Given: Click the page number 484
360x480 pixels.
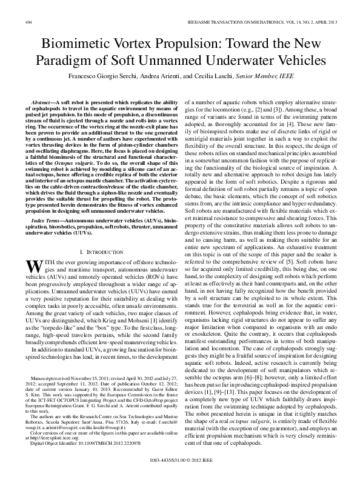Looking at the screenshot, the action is coord(28,22).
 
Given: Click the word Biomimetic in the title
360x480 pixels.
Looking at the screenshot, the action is coord(79,44).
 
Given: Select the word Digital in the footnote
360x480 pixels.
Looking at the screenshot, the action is coord(38,444).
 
